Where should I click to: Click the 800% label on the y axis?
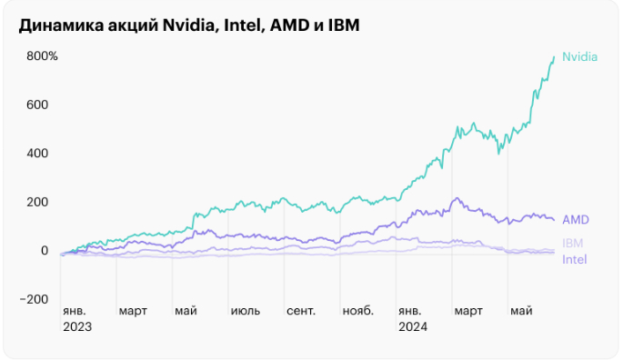(x=43, y=56)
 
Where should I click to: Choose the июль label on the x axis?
(x=245, y=311)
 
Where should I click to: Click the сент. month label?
(x=301, y=311)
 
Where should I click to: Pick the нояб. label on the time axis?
(x=357, y=311)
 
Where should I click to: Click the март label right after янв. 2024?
(x=468, y=311)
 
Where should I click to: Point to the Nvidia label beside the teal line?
(x=579, y=56)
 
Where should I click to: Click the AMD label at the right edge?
(x=576, y=220)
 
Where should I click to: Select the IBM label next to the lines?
(x=573, y=243)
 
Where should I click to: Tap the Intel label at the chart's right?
(x=575, y=260)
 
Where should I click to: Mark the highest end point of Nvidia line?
(x=554, y=56)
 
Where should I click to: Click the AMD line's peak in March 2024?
(x=457, y=198)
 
